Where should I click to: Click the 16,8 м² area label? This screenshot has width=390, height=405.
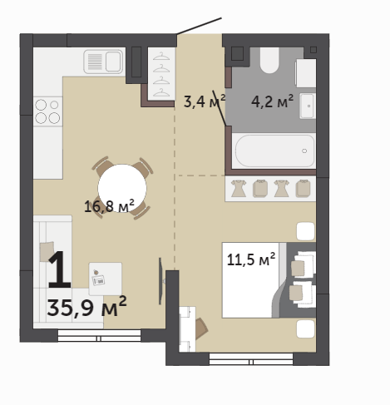click(109, 206)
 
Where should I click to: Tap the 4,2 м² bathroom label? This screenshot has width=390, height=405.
click(272, 101)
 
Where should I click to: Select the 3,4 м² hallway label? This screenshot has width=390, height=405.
click(205, 101)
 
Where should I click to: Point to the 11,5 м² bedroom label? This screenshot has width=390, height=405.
click(251, 259)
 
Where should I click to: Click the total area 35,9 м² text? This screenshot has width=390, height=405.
click(86, 307)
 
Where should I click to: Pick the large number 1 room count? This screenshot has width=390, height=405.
click(59, 269)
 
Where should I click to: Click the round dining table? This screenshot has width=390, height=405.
click(122, 189)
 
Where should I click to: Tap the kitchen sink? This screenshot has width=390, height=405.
click(103, 62)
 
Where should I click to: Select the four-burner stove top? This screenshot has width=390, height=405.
click(47, 111)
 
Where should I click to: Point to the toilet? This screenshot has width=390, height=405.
click(269, 60)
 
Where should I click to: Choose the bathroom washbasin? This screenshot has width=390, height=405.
click(308, 106)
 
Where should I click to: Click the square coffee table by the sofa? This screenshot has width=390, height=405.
click(106, 279)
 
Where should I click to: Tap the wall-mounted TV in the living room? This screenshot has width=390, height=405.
click(160, 281)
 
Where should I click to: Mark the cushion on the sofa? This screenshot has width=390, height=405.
click(47, 251)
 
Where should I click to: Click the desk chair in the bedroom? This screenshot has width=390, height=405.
click(201, 328)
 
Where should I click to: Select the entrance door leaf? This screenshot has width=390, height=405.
click(199, 26)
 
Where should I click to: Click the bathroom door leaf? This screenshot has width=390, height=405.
click(219, 107)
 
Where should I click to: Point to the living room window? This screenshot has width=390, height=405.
click(99, 335)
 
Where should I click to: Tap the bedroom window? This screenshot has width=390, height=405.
click(251, 359)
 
